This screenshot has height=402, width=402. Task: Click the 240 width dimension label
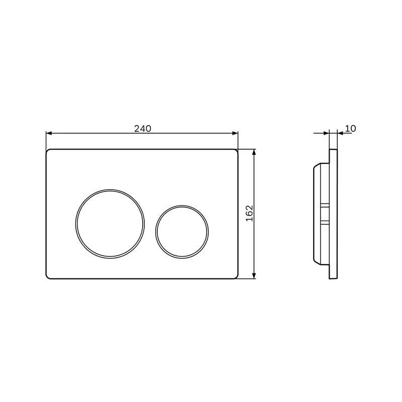click(x=143, y=129)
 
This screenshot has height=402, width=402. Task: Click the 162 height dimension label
click(x=249, y=213)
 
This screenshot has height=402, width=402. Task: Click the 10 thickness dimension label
click(x=350, y=128)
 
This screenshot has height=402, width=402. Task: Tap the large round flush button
click(x=110, y=224)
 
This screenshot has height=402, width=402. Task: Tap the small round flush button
click(x=182, y=232)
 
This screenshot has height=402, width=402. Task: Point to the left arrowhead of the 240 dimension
click(x=49, y=133)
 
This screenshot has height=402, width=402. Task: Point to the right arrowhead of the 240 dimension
click(x=235, y=133)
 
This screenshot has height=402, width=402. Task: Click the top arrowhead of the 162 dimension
click(x=254, y=153)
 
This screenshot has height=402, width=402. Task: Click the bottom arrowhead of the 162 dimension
click(x=254, y=275)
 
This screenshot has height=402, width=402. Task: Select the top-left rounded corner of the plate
click(x=48, y=151)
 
